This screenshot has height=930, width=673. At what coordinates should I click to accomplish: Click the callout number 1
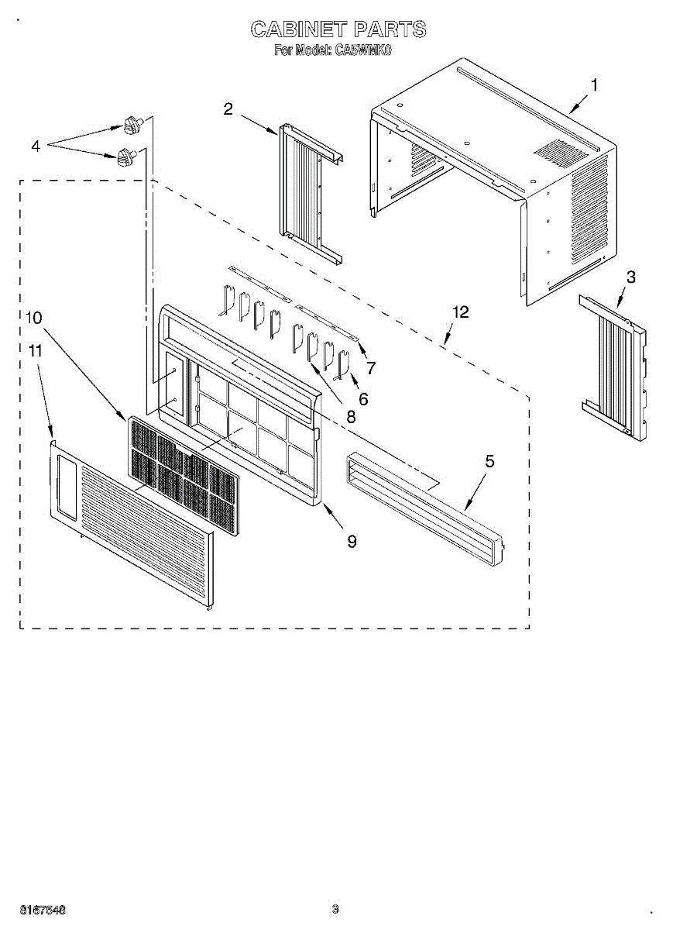coord(594,85)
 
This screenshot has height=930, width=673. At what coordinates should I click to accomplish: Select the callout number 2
coord(228,109)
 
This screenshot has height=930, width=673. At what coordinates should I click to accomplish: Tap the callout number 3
coord(631,278)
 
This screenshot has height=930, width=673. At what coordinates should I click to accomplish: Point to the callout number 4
coord(35,145)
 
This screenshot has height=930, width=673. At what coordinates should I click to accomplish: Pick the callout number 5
coord(489,461)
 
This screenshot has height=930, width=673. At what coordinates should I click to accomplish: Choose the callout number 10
coord(371,367)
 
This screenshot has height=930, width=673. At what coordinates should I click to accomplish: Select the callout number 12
coord(352,541)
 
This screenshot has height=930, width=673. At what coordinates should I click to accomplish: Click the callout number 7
coord(34,317)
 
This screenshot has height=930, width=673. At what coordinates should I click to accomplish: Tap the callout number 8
coord(34,351)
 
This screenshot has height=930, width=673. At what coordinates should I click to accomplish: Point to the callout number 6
coord(460,312)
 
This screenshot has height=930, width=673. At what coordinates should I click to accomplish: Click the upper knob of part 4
coord(133,122)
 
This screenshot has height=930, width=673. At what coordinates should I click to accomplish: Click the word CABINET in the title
coord(298,29)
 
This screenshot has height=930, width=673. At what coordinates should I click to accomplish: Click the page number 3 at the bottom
coord(335,909)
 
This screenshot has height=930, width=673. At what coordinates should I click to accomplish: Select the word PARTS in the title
coord(390,29)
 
